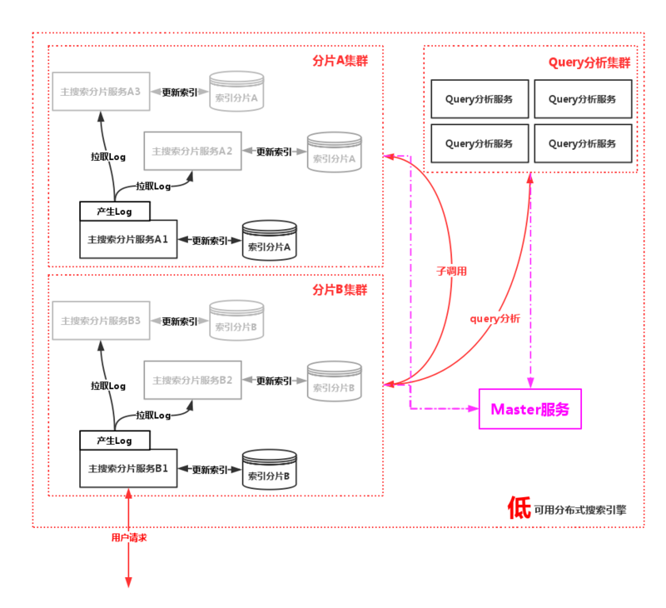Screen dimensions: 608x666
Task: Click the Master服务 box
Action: [530, 409]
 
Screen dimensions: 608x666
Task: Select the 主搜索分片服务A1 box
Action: [128, 239]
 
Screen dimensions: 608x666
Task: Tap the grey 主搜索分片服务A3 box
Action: [101, 92]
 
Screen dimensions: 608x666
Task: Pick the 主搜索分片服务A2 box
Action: [192, 152]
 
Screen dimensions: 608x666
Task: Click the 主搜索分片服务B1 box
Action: [128, 468]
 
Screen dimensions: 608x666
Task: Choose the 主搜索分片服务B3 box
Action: [101, 321]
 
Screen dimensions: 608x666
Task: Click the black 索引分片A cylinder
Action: [269, 241]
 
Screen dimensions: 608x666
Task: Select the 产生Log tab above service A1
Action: [114, 211]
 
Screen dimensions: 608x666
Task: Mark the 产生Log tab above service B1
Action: [114, 440]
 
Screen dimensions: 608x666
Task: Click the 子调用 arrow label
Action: [452, 271]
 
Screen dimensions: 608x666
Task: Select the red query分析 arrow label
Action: [495, 318]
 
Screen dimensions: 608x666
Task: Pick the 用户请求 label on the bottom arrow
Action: [129, 538]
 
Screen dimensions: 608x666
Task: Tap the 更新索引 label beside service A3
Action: [179, 92]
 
